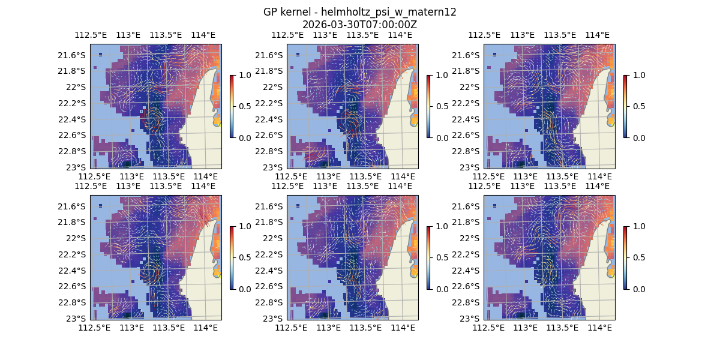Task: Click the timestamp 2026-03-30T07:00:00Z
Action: pyautogui.click(x=359, y=25)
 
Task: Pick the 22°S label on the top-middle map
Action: pyautogui.click(x=276, y=87)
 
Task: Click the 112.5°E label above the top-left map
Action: pyautogui.click(x=90, y=35)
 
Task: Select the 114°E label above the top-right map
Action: pyautogui.click(x=596, y=35)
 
